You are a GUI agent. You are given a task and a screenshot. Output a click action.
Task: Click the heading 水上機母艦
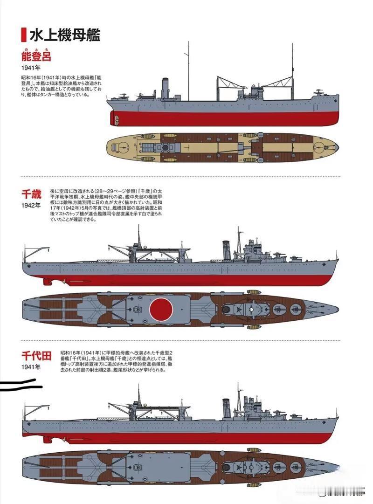(x=65, y=35)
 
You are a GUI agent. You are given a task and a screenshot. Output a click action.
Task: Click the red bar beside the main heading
(x=23, y=35)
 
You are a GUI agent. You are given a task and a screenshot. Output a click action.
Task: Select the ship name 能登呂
(x=35, y=57)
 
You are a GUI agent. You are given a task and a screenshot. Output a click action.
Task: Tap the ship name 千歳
(x=31, y=193)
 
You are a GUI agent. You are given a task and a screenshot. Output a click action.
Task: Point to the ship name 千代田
(x=36, y=356)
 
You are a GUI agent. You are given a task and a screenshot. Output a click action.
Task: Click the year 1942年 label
(x=31, y=205)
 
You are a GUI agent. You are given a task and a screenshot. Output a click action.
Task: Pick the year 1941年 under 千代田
(x=31, y=367)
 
